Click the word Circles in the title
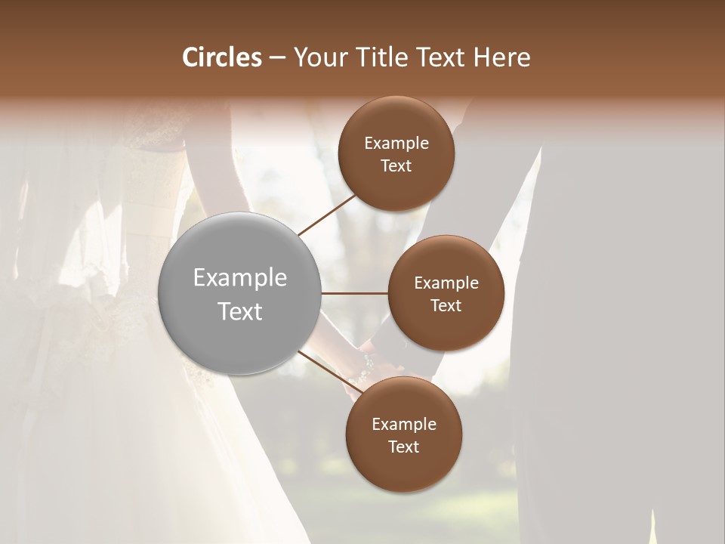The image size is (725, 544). [222, 57]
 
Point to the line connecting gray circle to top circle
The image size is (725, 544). [326, 215]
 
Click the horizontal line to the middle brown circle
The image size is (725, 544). [355, 293]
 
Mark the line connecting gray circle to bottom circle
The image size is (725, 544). [326, 370]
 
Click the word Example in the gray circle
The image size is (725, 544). [240, 278]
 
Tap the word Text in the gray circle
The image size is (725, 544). [240, 311]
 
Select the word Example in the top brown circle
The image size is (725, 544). [396, 144]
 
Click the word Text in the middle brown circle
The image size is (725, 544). [446, 306]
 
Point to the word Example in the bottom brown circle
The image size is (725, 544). [404, 425]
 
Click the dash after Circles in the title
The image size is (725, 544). [276, 57]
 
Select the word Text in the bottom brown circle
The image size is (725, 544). [403, 447]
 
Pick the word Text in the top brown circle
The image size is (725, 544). [396, 166]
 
